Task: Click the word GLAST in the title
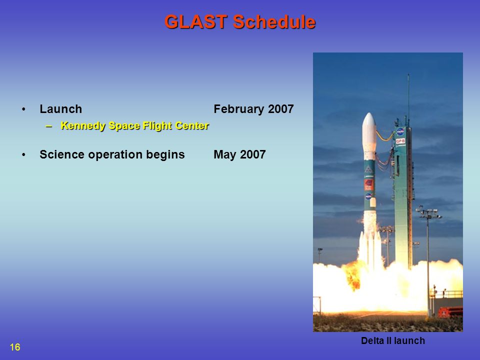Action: [196, 22]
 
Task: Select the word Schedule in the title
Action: [274, 22]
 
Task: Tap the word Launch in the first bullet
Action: [61, 109]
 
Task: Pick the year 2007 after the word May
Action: [253, 154]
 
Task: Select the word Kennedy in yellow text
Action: [83, 126]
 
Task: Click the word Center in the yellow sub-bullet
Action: [192, 126]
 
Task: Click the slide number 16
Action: [15, 347]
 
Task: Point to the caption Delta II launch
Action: [393, 340]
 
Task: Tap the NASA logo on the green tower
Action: [400, 131]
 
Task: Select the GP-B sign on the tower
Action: [400, 141]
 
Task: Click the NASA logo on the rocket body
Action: [368, 196]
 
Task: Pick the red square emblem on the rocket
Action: [369, 184]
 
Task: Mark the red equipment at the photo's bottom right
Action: [450, 312]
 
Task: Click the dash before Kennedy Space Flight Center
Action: [48, 126]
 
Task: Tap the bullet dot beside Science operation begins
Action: [23, 155]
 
